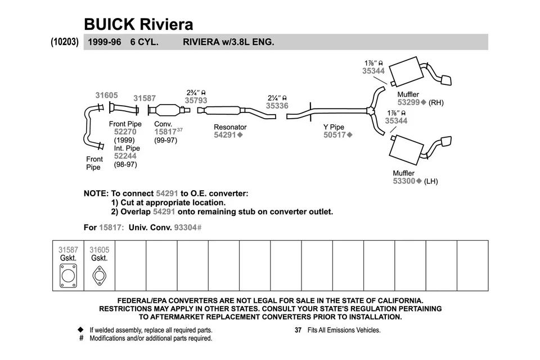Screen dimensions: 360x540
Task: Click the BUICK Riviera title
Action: point(138,24)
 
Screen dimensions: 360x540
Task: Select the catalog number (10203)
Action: point(64,42)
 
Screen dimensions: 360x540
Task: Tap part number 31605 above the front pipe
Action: point(106,96)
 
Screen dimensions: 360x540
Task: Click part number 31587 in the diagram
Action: point(145,98)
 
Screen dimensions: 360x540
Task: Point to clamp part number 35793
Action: point(196,101)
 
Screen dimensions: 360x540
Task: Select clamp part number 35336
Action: point(277,105)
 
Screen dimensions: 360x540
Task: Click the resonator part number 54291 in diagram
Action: point(226,135)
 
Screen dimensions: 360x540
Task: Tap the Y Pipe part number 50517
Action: point(335,135)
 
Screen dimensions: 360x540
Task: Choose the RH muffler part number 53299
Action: point(409,103)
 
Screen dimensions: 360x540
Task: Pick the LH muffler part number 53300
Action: point(404,181)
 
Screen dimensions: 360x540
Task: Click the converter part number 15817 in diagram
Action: point(165,132)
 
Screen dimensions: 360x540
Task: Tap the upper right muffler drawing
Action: point(406,70)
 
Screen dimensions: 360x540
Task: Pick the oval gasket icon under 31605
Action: point(99,276)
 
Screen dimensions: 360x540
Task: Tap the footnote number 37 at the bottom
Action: point(299,330)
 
